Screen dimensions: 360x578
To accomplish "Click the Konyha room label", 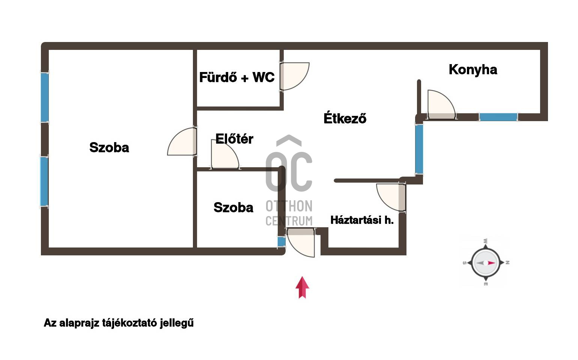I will pos(473,70).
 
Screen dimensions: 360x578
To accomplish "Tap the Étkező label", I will pos(345,118).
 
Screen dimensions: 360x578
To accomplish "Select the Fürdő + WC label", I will pos(236,78).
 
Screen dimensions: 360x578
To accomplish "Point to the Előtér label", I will pos(234,139).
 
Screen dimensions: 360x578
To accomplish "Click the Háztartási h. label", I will pos(362,220).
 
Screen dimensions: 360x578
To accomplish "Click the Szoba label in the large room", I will pos(109,147).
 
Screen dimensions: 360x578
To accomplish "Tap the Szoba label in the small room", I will pos(233,207).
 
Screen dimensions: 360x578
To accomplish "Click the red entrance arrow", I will pos(302,287).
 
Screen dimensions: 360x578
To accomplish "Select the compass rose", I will pos(486,263).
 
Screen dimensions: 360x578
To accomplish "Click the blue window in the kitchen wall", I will pos(498,117).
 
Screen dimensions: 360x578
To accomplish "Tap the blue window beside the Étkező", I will pos(419,149).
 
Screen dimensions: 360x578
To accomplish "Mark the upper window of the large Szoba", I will pos(45,97).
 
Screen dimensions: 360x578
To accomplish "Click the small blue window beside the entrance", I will pos(281,242).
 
